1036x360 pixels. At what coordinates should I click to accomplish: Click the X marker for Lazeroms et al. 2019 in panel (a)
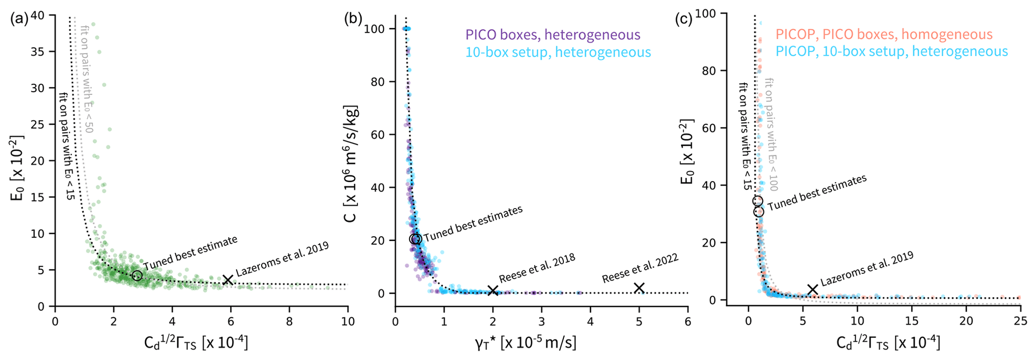(228, 280)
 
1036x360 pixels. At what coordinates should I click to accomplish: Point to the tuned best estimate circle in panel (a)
(137, 276)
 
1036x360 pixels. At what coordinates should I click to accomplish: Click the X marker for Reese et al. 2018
(493, 290)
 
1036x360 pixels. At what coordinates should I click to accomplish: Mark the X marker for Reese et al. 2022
(639, 288)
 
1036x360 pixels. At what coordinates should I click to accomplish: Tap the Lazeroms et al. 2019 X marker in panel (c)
(812, 289)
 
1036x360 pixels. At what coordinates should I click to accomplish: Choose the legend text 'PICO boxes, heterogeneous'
(553, 35)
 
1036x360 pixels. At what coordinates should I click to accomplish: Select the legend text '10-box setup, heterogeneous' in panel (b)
(558, 52)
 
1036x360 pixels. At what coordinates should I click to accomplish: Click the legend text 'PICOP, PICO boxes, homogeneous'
(884, 34)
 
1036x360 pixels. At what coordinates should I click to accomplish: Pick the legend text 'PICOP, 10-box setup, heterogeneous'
(891, 51)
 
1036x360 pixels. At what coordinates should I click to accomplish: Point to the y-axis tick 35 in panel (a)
(44, 52)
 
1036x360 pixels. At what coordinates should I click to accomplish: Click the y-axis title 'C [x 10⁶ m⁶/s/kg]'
(351, 163)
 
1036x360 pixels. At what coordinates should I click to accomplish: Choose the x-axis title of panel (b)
(525, 343)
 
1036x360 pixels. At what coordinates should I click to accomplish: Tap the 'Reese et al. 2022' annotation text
(640, 268)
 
